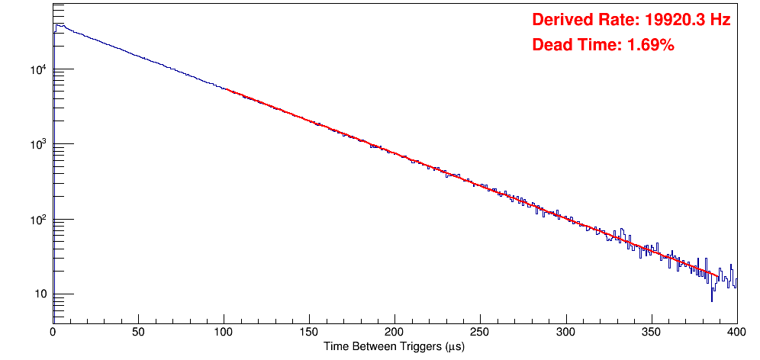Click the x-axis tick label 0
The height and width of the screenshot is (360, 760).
pyautogui.click(x=53, y=333)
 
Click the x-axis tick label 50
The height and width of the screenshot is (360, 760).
pyautogui.click(x=138, y=333)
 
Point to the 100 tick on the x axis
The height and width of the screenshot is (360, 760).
pyautogui.click(x=224, y=333)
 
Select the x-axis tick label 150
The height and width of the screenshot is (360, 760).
pyautogui.click(x=309, y=333)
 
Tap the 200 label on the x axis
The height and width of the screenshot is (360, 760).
pyautogui.click(x=394, y=333)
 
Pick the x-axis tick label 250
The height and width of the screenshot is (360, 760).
pyautogui.click(x=480, y=333)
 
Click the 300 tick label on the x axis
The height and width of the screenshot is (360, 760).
pyautogui.click(x=565, y=333)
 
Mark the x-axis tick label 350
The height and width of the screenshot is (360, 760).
pyautogui.click(x=651, y=333)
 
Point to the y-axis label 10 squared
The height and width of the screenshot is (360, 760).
pyautogui.click(x=40, y=220)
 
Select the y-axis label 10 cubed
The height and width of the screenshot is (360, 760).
pyautogui.click(x=40, y=145)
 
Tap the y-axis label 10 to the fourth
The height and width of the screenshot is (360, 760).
pyautogui.click(x=40, y=70)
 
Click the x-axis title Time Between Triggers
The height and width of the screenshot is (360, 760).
pyautogui.click(x=394, y=347)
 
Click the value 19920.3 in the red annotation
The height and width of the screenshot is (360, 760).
pyautogui.click(x=671, y=20)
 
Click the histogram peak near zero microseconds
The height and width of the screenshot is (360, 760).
pyautogui.click(x=57, y=24)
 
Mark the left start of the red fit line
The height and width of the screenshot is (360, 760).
pyautogui.click(x=224, y=89)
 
